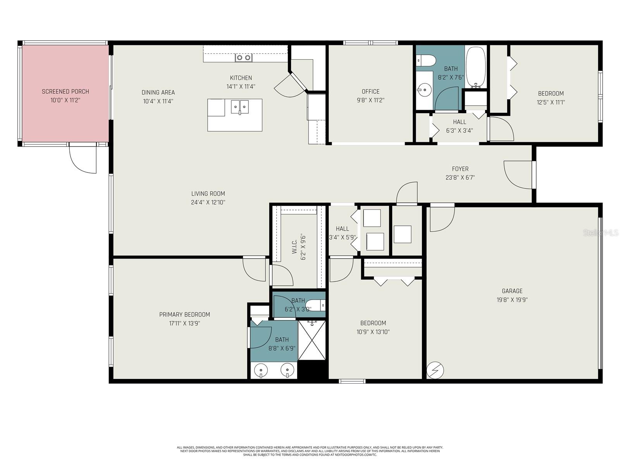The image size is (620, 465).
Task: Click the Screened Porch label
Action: coord(65,91)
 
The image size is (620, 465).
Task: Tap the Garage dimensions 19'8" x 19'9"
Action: coord(512,300)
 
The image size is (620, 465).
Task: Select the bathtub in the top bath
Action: coord(475,67)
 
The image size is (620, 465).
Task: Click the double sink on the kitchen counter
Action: coord(244,58)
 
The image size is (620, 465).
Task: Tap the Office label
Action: coord(370,91)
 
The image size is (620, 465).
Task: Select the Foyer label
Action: coord(460,169)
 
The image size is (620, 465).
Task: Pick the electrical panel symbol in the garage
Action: coord(435,370)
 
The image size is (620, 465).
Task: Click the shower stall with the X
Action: coord(312,340)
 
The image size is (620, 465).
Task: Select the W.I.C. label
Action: coord(294,246)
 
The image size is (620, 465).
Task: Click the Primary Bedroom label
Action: coord(184,315)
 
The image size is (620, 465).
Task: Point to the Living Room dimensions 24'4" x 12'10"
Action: coord(208,202)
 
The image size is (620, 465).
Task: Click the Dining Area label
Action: coord(158,92)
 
